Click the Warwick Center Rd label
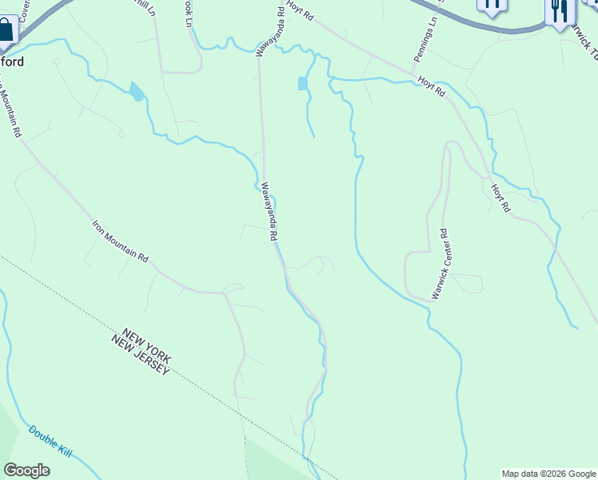coord(442,264)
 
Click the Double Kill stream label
coord(50,442)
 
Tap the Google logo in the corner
coord(26,470)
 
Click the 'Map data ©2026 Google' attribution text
coord(548,474)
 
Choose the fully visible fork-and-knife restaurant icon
coord(558,11)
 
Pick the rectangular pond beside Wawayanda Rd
coord(302,83)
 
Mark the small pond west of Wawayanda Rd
coord(137,92)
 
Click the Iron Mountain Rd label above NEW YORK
coord(120,242)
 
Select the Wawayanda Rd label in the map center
coord(269,212)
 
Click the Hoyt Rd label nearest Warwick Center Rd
coord(500,198)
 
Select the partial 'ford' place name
coord(12,62)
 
